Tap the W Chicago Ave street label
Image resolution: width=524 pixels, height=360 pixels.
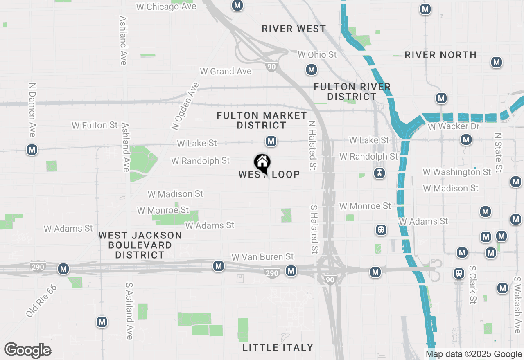point(166,7)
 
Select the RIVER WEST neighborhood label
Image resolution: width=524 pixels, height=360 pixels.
point(294,29)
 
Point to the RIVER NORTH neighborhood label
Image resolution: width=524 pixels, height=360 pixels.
point(440,55)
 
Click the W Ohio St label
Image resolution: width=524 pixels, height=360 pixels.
point(317,54)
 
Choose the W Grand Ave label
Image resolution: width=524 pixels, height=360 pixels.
point(226,71)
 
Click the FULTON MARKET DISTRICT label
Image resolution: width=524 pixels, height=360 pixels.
point(262,120)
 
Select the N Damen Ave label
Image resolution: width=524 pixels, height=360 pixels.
point(32,110)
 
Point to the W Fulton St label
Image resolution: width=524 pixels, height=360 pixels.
point(95,125)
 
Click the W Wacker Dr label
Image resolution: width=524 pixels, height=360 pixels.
point(454,126)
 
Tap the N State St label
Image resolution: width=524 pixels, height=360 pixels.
point(498,152)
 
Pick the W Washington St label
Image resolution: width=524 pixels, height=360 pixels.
point(457,172)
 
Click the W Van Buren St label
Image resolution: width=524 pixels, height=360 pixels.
point(262,257)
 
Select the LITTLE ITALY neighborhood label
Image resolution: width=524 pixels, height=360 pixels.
point(278,347)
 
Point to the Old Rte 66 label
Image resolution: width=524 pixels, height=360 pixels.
point(41,301)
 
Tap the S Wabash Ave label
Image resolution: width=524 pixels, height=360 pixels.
point(517,305)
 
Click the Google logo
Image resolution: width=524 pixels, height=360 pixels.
point(28,350)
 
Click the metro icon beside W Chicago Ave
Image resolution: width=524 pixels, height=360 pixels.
point(237,6)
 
